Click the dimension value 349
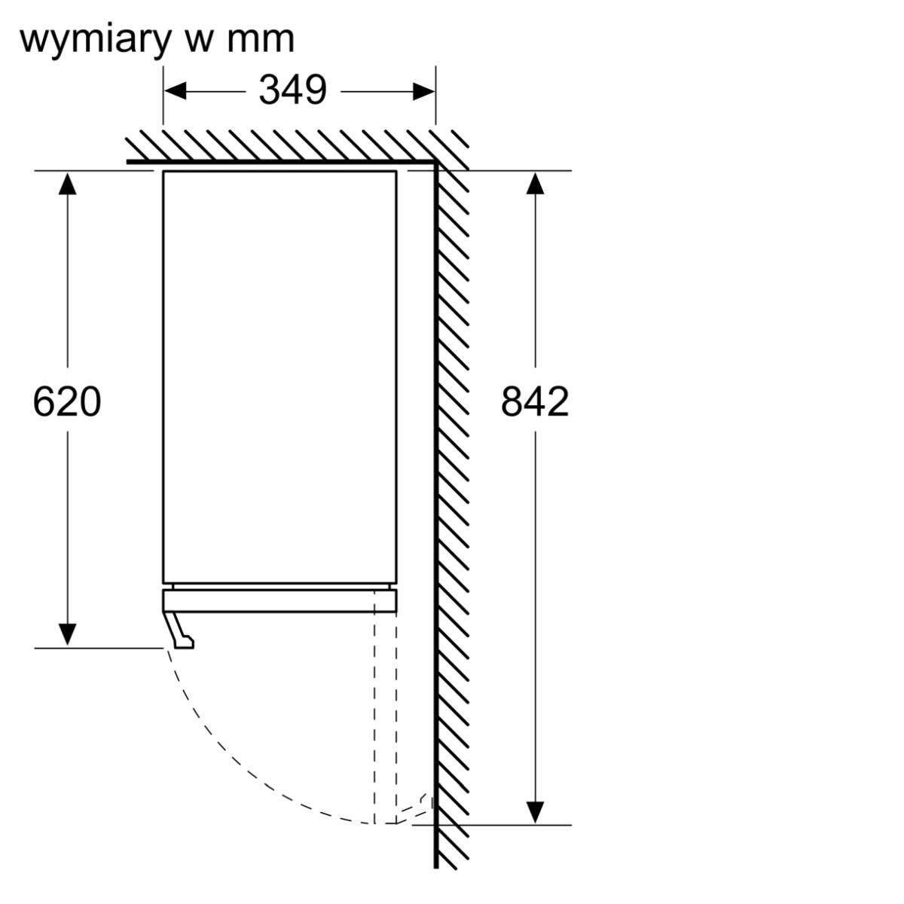pos(292,90)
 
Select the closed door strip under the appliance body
pos(279,600)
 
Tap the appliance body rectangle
pos(279,377)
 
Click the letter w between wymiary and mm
pos(198,41)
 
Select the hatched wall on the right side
pos(452,490)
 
